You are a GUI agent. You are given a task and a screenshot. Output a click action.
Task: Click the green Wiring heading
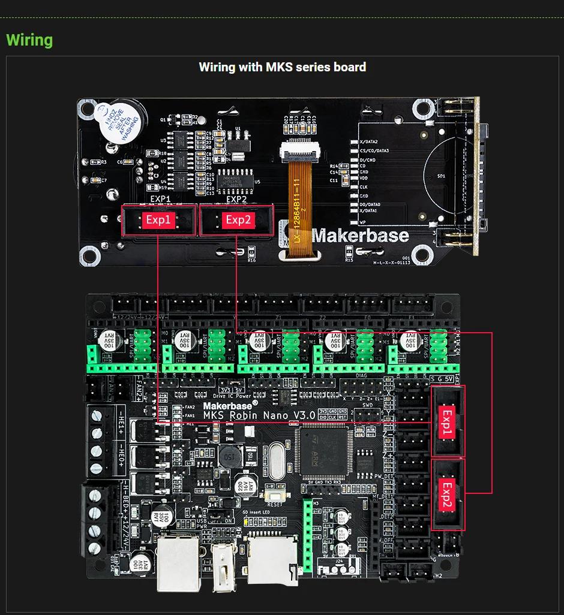29,40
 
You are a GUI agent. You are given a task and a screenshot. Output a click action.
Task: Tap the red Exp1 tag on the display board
158,220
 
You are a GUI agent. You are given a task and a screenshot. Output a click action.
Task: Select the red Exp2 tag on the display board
238,220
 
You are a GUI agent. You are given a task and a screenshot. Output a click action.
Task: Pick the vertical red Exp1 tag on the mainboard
447,422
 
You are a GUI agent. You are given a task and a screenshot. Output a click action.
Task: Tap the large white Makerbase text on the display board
360,236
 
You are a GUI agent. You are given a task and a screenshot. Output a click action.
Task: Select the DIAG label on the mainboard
361,376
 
